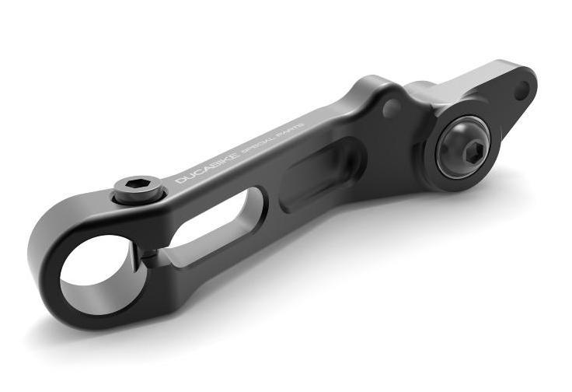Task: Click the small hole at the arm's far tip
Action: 521,90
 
